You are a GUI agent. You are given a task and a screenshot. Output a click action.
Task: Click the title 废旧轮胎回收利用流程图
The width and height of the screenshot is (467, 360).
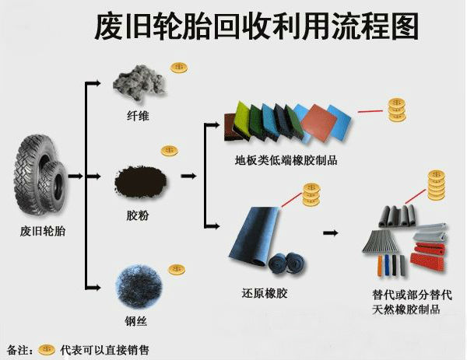256,26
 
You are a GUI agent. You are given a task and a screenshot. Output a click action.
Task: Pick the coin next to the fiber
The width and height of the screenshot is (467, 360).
180,68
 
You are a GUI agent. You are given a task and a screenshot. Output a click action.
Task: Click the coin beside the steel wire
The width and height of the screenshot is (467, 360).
178,270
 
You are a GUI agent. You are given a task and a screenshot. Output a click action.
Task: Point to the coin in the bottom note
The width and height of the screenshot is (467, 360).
47,348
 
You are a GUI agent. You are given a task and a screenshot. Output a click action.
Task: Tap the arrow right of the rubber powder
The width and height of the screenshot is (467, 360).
188,176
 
